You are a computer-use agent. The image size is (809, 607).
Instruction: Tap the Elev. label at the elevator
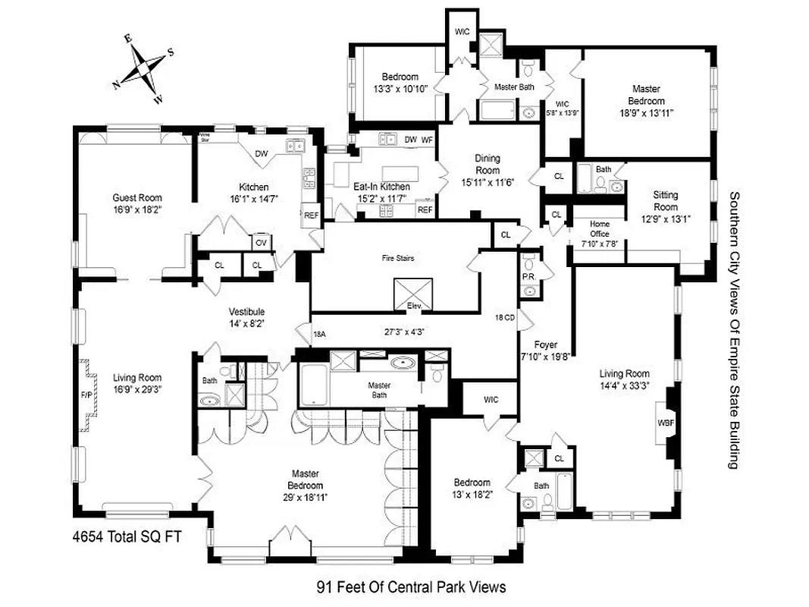[414, 306]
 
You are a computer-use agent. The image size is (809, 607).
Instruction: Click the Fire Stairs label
[397, 258]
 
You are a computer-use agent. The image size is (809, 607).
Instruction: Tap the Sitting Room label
[665, 200]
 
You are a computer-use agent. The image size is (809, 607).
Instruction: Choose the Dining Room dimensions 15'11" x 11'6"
[488, 182]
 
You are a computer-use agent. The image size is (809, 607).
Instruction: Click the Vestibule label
[247, 312]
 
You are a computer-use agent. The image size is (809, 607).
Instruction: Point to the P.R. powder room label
[528, 278]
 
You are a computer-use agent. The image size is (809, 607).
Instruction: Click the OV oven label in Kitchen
[260, 243]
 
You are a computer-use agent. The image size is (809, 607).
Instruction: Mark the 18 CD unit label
[505, 317]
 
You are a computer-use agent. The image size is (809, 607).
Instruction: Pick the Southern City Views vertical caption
[732, 330]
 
